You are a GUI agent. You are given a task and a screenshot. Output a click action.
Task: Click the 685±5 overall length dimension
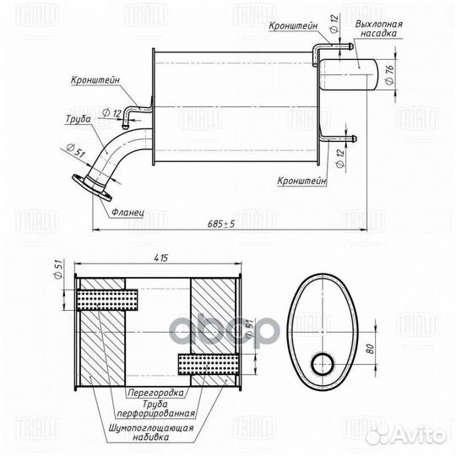[221, 224]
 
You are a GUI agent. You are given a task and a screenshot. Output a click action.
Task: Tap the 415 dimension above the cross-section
[160, 258]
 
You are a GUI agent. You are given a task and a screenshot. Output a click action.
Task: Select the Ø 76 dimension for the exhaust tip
[389, 75]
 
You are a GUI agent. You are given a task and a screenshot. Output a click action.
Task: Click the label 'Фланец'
[128, 213]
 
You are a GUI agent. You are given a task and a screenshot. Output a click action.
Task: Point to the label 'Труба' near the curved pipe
[78, 119]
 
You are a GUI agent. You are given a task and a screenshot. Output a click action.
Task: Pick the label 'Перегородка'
[156, 394]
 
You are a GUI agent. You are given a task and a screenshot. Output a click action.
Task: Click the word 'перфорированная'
[155, 414]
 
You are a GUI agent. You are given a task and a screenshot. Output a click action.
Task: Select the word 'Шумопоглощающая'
[151, 428]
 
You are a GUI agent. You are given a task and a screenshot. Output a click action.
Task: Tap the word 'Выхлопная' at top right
[378, 24]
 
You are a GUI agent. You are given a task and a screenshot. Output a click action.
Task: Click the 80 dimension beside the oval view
[370, 348]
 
